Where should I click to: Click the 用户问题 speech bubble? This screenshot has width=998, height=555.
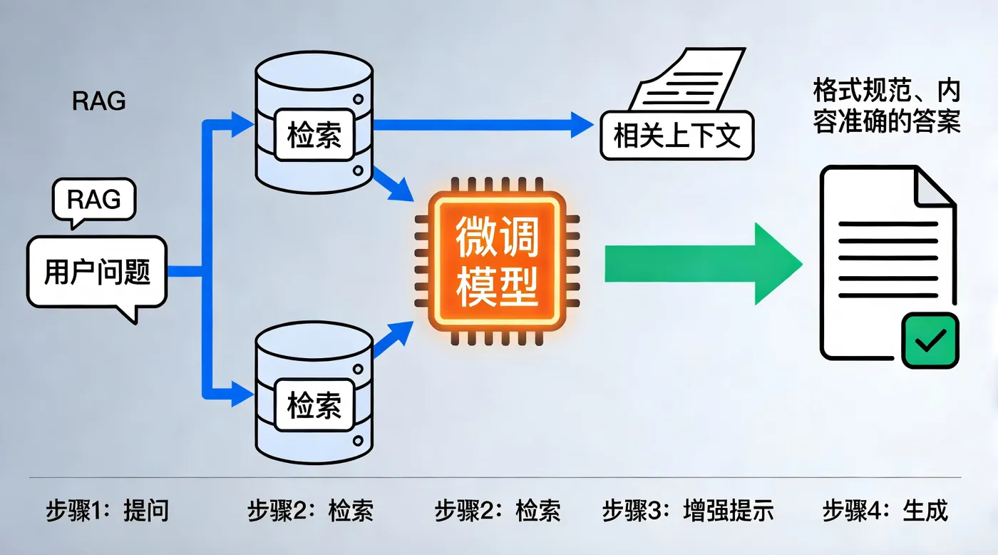96,273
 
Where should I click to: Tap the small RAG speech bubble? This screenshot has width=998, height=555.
93,199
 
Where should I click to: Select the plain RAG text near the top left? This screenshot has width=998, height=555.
99,102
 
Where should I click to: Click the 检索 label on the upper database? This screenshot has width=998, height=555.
314,136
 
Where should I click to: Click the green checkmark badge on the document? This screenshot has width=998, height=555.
930,341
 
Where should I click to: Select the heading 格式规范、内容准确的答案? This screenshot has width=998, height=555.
887,106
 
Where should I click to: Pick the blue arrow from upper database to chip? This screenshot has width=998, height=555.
394,183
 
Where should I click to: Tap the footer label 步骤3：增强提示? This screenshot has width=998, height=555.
687,511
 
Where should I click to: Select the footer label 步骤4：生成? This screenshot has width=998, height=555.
885,511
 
